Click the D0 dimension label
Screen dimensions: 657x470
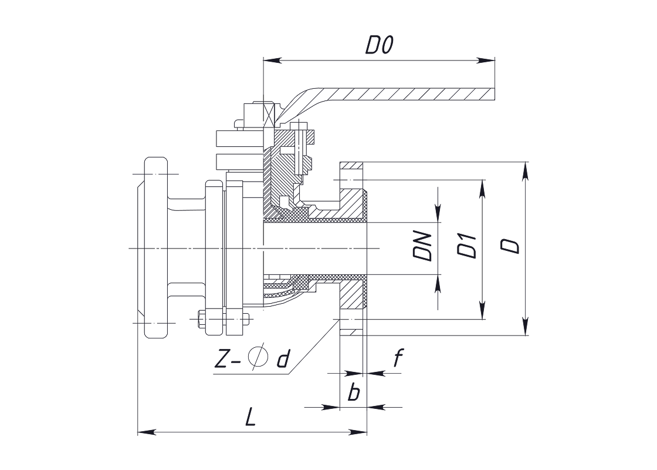tap(379, 45)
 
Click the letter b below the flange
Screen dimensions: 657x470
tap(354, 392)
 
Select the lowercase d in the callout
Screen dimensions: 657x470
tap(284, 359)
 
